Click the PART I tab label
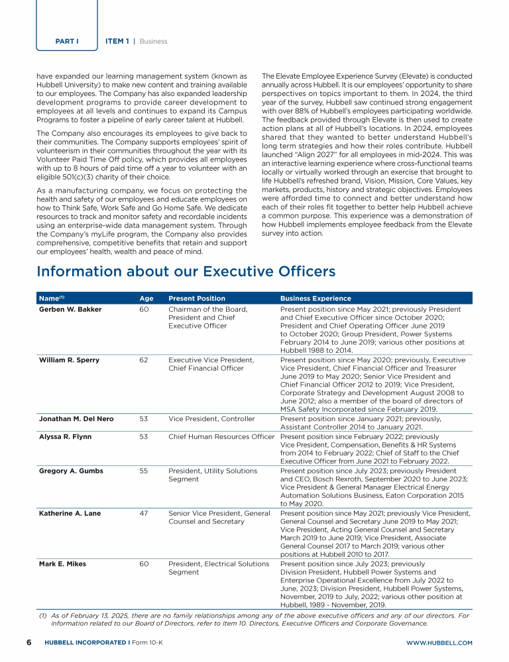coord(67,41)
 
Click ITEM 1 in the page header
coord(117,41)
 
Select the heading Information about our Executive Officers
coord(186,271)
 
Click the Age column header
coord(146,299)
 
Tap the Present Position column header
coord(197,299)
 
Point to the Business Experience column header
coord(315,299)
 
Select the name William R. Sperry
coord(69,360)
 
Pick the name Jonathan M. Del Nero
coord(75,418)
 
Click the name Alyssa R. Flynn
coord(65,436)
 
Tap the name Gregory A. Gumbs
coord(71,471)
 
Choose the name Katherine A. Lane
coord(70,513)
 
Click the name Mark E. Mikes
coord(62,564)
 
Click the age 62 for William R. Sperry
coord(144,360)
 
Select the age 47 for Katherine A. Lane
coord(144,513)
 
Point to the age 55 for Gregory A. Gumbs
coord(144,471)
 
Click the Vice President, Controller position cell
coord(211,418)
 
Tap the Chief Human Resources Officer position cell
coord(221,436)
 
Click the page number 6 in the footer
coord(29,643)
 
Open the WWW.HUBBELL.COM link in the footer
coord(439,643)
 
